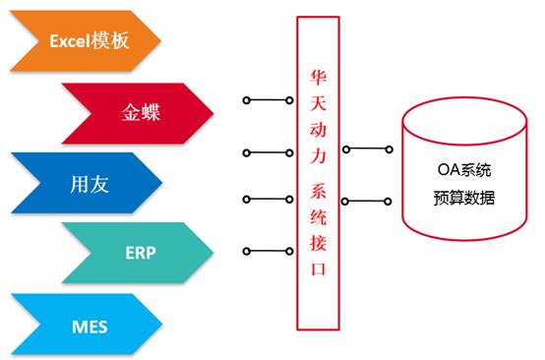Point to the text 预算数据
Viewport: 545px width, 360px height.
click(x=463, y=197)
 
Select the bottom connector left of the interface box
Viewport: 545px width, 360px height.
click(x=267, y=250)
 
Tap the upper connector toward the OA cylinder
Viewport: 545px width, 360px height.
click(x=369, y=150)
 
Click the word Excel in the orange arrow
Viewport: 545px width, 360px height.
click(x=69, y=40)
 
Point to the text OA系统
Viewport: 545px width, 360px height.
click(x=463, y=168)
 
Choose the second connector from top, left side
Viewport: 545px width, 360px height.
click(x=267, y=152)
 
